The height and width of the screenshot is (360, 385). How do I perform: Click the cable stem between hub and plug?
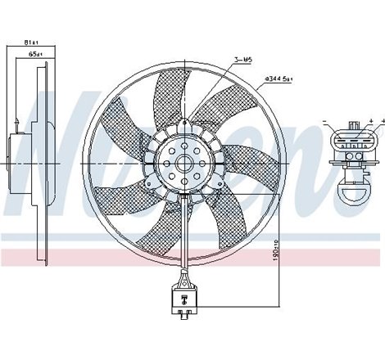pyautogui.click(x=180, y=237)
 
